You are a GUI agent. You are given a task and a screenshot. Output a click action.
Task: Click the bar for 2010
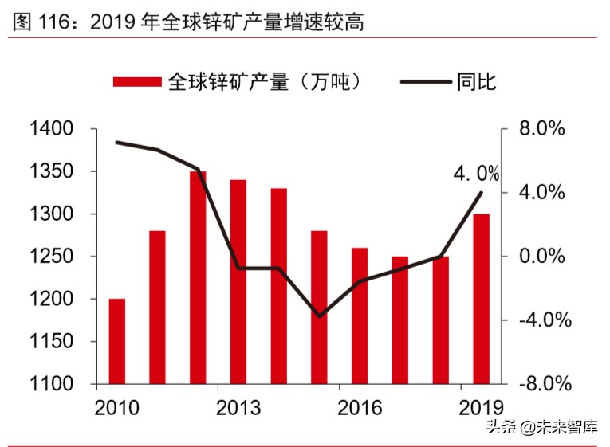point(117,341)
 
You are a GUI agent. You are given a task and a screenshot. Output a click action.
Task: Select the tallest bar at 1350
point(198,277)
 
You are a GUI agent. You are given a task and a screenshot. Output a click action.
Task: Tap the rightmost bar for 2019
point(481,299)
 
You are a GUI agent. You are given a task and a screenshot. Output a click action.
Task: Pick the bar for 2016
point(360,316)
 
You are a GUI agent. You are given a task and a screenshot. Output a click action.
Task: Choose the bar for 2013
point(238,281)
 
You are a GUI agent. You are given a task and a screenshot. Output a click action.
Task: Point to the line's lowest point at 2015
point(319,316)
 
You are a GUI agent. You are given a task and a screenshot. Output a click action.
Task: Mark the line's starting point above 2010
point(117,143)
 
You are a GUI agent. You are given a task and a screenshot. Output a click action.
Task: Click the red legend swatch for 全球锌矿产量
point(137,81)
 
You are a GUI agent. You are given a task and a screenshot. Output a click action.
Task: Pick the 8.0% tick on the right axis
point(542,129)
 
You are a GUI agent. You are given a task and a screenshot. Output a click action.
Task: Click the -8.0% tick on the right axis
point(542,384)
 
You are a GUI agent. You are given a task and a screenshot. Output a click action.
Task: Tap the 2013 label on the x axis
point(238,408)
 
